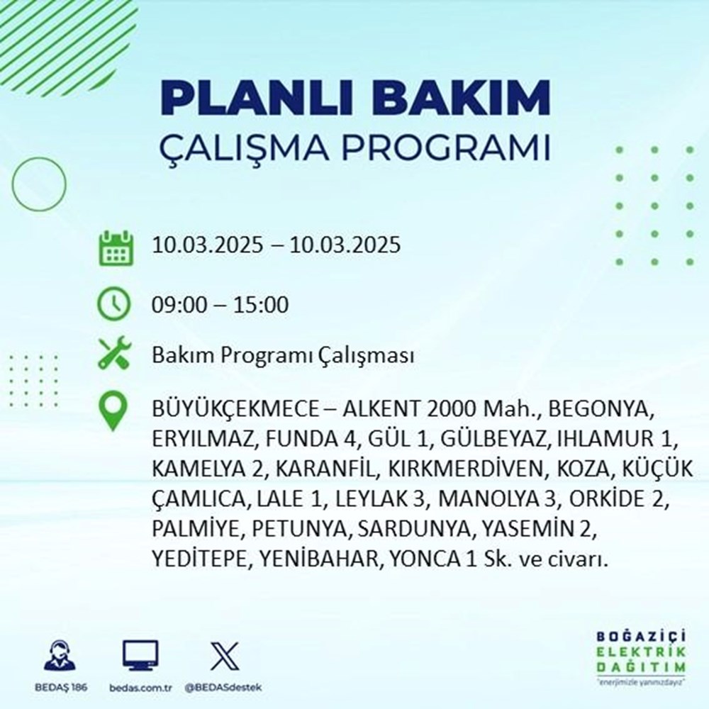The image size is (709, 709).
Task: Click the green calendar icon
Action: [114, 247]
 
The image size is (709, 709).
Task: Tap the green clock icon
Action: [114, 306]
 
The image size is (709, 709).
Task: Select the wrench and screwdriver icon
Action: [114, 354]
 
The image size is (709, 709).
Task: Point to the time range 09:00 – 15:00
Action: [220, 306]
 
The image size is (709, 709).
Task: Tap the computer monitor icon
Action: [140, 656]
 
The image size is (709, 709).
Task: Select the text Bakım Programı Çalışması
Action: [282, 355]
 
